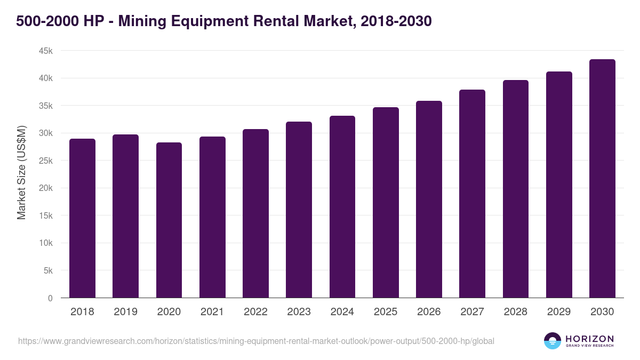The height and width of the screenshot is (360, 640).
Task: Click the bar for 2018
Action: click(82, 219)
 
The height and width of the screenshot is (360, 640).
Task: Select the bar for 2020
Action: click(169, 220)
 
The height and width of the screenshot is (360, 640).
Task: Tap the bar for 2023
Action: click(299, 210)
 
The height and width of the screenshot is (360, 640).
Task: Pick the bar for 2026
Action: click(429, 199)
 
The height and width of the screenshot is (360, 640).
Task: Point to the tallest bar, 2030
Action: click(602, 179)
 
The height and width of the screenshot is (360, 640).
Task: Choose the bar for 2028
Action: click(516, 189)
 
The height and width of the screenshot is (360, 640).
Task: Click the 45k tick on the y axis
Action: click(46, 51)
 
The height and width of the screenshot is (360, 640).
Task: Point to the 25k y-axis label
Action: click(46, 161)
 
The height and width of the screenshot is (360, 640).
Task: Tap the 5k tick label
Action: click(48, 270)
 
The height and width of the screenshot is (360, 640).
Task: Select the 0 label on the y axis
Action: click(50, 298)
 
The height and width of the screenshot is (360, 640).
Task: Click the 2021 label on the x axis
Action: click(212, 312)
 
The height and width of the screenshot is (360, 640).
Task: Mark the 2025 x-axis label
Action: click(386, 312)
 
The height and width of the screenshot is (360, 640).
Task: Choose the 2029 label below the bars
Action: click(559, 312)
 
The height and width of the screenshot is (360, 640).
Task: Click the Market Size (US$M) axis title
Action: click(21, 173)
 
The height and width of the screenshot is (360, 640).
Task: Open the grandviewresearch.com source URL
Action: click(257, 341)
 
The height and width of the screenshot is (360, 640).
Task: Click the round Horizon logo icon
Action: click(553, 341)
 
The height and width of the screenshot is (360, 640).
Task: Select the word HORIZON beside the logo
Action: click(589, 338)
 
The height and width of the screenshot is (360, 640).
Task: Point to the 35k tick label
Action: click(46, 106)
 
